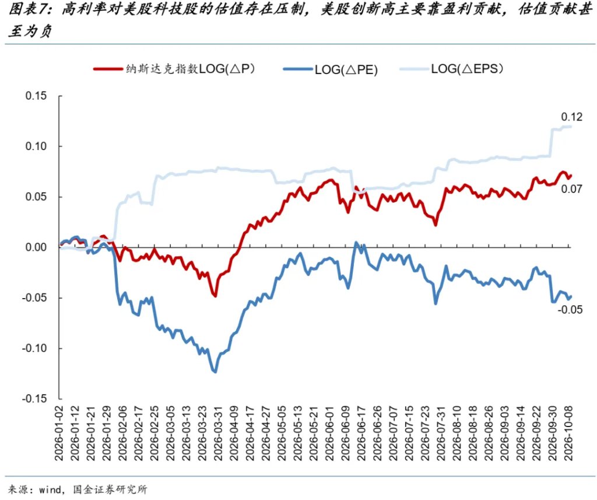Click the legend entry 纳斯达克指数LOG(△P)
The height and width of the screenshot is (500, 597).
174,69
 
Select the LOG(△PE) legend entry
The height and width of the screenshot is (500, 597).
330,69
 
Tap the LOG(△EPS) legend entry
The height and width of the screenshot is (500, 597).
451,69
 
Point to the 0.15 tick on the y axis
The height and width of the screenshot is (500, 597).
36,96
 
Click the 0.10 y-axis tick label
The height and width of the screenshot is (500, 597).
36,146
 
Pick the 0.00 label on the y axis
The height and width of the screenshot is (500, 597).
36,247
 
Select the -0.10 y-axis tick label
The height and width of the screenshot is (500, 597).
34,348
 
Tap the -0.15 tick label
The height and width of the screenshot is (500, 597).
34,398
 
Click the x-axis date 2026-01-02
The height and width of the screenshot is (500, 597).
59,433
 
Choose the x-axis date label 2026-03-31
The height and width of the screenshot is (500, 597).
218,433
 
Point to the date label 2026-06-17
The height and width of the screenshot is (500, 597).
361,433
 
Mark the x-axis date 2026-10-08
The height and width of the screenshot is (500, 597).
568,433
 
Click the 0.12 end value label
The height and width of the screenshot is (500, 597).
571,117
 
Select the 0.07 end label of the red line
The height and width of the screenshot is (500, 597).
571,188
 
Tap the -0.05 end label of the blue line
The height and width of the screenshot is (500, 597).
570,309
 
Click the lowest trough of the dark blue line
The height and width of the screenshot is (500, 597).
216,372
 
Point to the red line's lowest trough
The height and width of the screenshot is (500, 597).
215,296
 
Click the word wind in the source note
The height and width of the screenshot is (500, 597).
50,489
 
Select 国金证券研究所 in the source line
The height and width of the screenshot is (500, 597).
110,489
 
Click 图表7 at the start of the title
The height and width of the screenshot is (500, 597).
26,9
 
